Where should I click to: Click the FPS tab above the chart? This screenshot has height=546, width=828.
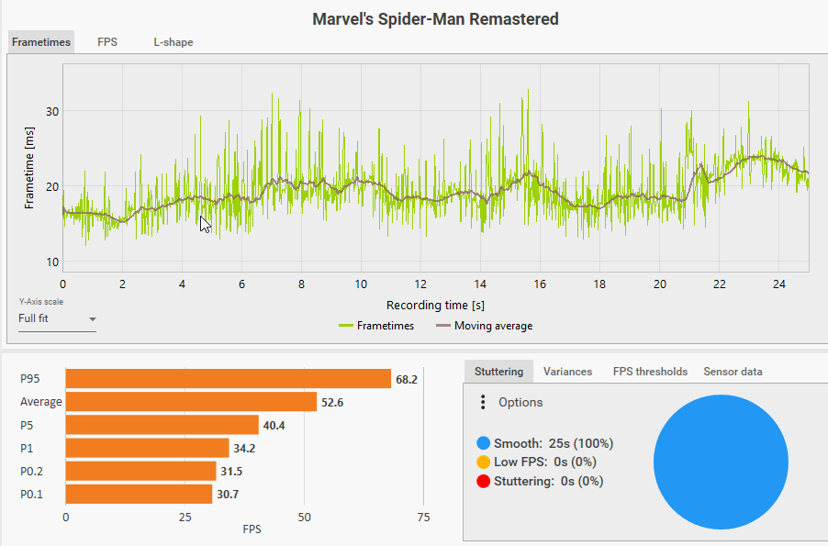pyautogui.click(x=107, y=42)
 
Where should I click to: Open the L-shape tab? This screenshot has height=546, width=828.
pyautogui.click(x=173, y=42)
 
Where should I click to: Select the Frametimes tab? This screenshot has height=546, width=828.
pyautogui.click(x=41, y=42)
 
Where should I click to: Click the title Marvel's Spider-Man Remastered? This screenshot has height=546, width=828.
pyautogui.click(x=435, y=18)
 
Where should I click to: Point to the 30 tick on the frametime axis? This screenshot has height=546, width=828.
pyautogui.click(x=52, y=112)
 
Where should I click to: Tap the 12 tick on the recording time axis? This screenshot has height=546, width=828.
pyautogui.click(x=421, y=285)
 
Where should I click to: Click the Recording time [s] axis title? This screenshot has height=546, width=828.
pyautogui.click(x=435, y=305)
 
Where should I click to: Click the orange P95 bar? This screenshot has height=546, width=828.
pyautogui.click(x=229, y=379)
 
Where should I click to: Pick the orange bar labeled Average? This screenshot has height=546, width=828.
pyautogui.click(x=191, y=402)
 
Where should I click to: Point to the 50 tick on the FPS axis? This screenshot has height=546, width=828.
pyautogui.click(x=305, y=518)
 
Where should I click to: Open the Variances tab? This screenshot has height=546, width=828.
pyautogui.click(x=567, y=372)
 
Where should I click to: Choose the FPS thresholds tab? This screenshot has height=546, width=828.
pyautogui.click(x=650, y=372)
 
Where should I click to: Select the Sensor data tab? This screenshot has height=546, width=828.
pyautogui.click(x=733, y=372)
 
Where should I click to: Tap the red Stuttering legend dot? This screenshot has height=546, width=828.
pyautogui.click(x=483, y=481)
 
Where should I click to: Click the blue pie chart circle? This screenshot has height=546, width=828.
pyautogui.click(x=721, y=462)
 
